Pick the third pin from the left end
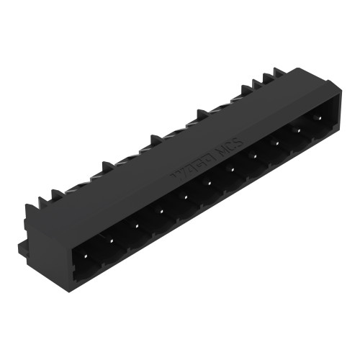pyautogui.click(x=136, y=222)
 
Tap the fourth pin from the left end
pyautogui.click(x=160, y=210)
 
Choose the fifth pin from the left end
pyautogui.click(x=184, y=195)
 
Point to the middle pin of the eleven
pyautogui.click(x=207, y=181)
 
